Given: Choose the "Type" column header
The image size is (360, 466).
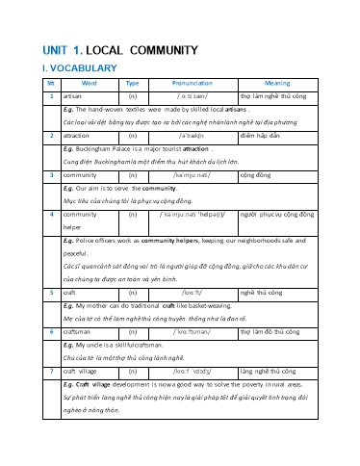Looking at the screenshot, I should click(x=132, y=84).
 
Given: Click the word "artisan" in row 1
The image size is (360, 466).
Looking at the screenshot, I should click(x=71, y=97).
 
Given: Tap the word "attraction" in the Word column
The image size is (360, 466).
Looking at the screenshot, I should click(x=77, y=137).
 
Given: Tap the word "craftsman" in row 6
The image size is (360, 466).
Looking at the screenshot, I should click(x=77, y=329).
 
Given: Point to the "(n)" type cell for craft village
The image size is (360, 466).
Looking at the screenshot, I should click(x=132, y=370).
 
